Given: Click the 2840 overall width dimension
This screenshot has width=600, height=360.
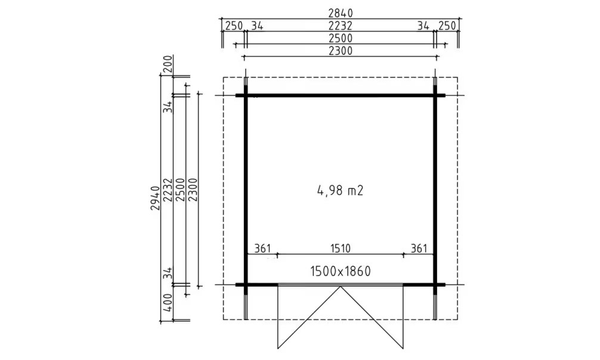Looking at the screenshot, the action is (x=341, y=13).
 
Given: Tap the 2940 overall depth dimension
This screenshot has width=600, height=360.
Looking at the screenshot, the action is (x=155, y=198).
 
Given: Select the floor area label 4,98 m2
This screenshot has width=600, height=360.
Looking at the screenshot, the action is (x=340, y=190).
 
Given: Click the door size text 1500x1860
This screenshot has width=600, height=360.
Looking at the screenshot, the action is (x=340, y=271).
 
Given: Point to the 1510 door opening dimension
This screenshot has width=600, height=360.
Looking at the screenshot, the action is (x=340, y=249).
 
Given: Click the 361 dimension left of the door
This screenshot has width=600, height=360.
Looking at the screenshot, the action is (x=262, y=249).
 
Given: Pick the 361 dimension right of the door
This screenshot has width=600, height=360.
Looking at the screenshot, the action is (x=419, y=249).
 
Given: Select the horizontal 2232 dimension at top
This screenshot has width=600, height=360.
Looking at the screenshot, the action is (x=340, y=26).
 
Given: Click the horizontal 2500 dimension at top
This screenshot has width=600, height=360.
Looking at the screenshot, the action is (x=340, y=38).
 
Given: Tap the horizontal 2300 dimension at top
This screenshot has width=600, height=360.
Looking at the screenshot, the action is (x=340, y=51).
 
